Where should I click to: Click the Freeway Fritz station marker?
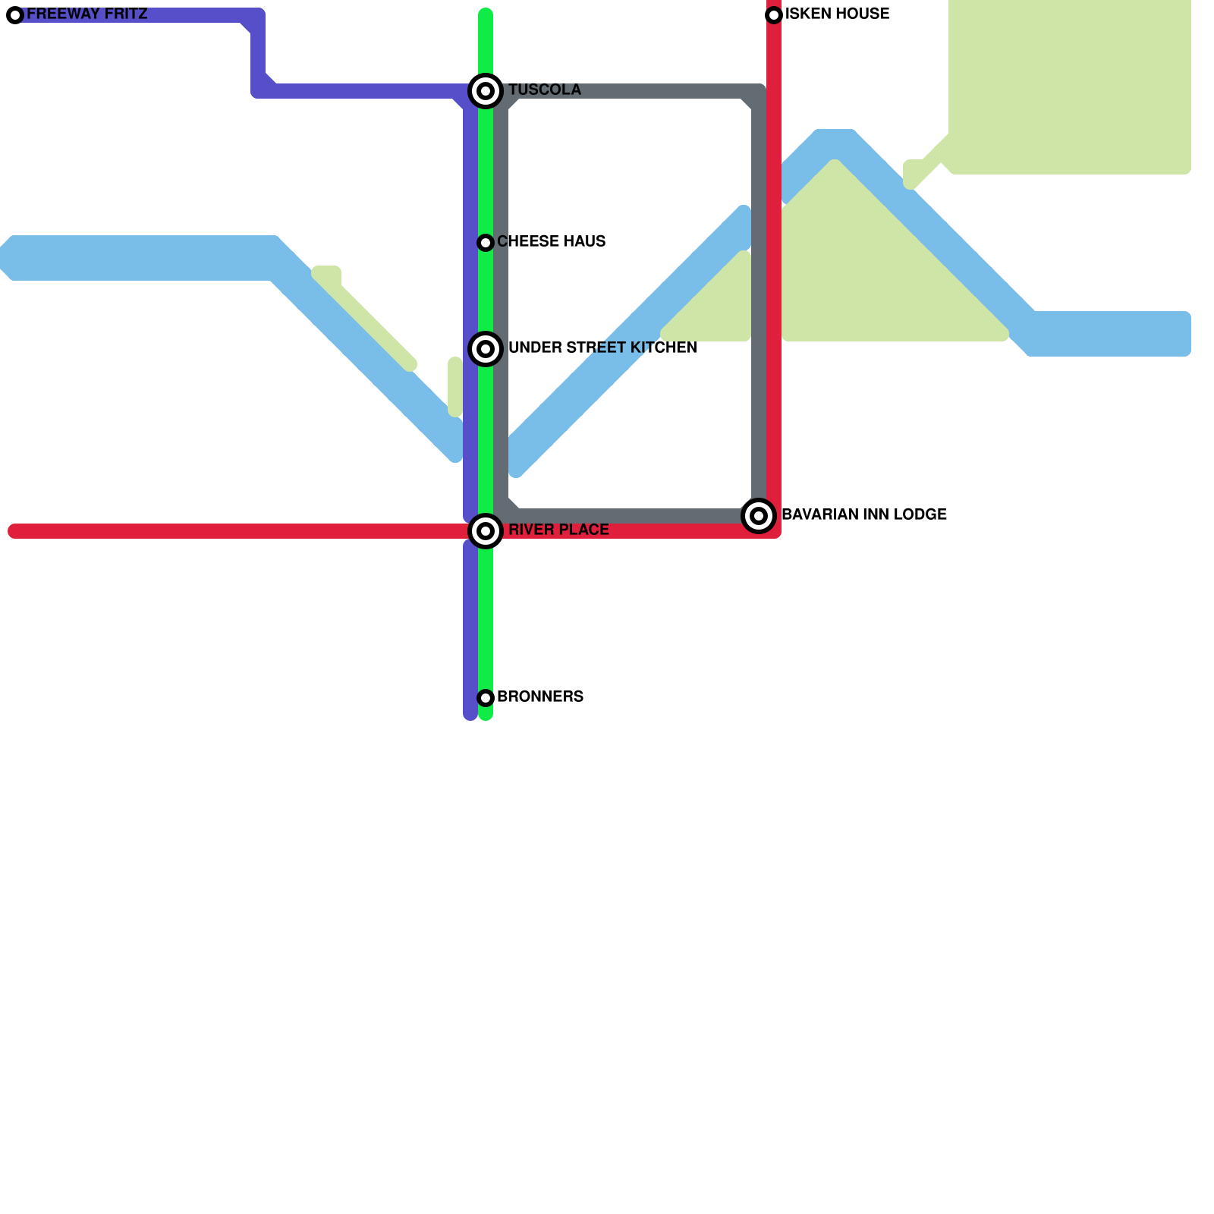15,15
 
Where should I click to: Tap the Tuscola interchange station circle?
486,91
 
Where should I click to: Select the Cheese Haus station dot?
486,243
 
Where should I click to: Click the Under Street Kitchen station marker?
486,349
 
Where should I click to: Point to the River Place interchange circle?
486,531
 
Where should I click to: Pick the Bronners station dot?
486,697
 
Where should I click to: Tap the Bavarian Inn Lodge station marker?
759,516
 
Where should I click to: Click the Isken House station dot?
774,15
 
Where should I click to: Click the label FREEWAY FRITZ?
86,14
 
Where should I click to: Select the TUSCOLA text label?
544,90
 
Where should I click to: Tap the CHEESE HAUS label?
551,242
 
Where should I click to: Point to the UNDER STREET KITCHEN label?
602,348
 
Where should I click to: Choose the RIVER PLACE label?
558,530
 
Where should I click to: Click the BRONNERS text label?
540,697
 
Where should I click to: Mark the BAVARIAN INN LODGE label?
863,515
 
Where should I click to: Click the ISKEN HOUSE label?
837,14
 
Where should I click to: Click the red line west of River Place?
228,531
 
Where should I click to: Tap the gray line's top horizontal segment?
630,91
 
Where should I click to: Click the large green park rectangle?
1070,83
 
